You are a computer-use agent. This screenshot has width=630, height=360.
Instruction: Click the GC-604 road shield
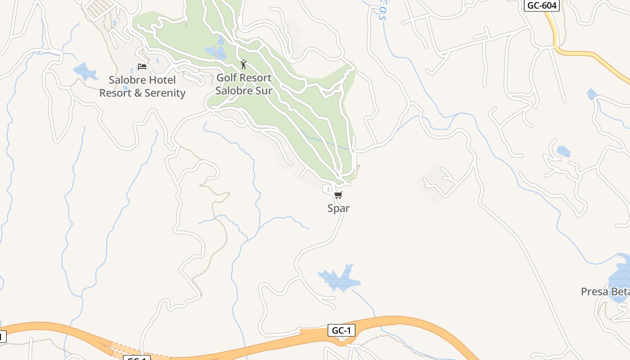(542, 5)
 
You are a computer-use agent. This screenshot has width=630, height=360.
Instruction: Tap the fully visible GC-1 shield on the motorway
(341, 331)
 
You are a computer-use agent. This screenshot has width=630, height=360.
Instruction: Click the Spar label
(338, 208)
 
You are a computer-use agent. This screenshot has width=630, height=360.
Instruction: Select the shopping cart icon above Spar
(338, 195)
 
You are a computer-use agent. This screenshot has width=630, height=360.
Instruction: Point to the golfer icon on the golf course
(243, 64)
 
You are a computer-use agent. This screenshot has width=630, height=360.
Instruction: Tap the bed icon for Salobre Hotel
(142, 67)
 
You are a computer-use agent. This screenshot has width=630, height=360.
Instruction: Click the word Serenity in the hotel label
(164, 93)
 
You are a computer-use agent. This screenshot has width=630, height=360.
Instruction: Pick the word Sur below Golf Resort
(264, 90)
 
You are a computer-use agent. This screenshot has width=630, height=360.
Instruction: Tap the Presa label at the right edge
(594, 292)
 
